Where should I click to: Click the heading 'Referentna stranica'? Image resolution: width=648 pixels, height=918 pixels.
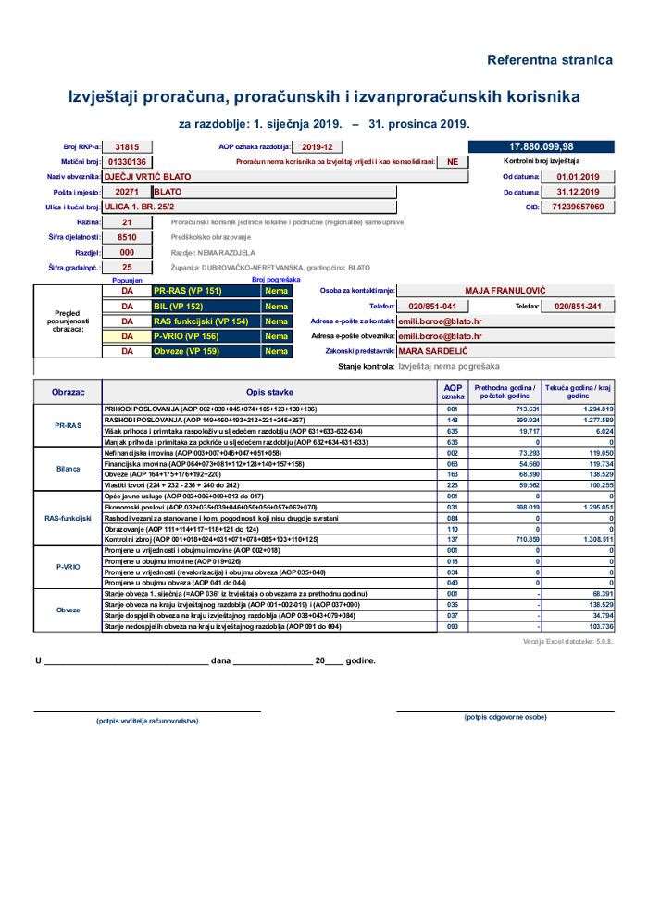pos(550,60)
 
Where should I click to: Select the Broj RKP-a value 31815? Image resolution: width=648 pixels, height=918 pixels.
pos(127,146)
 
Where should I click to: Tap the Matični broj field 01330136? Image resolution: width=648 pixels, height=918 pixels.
pos(127,161)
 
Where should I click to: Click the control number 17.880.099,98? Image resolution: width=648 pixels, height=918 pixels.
pos(542,146)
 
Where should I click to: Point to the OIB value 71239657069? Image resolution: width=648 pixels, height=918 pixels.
pos(578,207)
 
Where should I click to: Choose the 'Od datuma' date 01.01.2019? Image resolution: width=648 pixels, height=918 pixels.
pos(578,176)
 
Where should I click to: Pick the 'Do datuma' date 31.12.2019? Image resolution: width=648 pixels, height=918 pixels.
pos(578,192)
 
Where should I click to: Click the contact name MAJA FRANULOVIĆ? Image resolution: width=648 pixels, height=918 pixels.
pos(505,290)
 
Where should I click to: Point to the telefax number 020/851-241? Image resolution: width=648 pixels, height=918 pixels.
pos(578,306)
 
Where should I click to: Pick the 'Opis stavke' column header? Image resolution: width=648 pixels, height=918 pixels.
pos(268,392)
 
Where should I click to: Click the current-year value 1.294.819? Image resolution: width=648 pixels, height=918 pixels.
pos(592,409)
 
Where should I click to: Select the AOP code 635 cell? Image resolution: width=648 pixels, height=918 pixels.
pos(453,431)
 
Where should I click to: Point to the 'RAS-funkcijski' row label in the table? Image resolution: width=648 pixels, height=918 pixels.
pos(68,518)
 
